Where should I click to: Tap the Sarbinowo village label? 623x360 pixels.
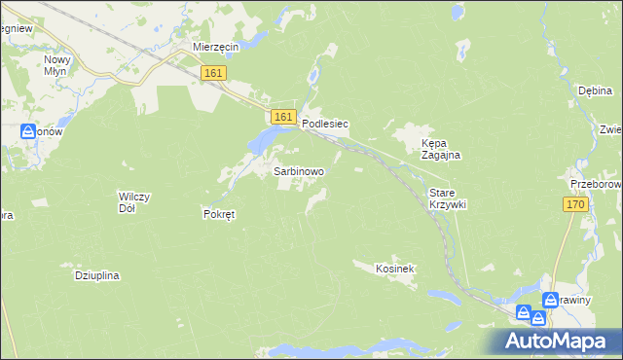pyautogui.click(x=299, y=170)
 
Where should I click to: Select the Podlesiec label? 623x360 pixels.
pyautogui.click(x=325, y=125)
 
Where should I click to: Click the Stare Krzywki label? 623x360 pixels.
pyautogui.click(x=448, y=199)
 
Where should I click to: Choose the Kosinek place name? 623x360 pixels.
pyautogui.click(x=396, y=268)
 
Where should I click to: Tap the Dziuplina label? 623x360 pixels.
pyautogui.click(x=96, y=275)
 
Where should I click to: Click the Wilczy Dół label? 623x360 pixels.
pyautogui.click(x=133, y=202)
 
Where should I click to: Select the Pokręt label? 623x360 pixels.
pyautogui.click(x=219, y=214)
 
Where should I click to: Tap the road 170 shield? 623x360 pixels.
pyautogui.click(x=576, y=203)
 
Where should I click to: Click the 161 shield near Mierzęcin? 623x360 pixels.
pyautogui.click(x=214, y=73)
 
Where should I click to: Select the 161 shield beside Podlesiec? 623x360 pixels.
pyautogui.click(x=283, y=117)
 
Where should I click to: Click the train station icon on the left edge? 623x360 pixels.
pyautogui.click(x=27, y=131)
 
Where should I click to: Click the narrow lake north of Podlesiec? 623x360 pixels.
pyautogui.click(x=312, y=74)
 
